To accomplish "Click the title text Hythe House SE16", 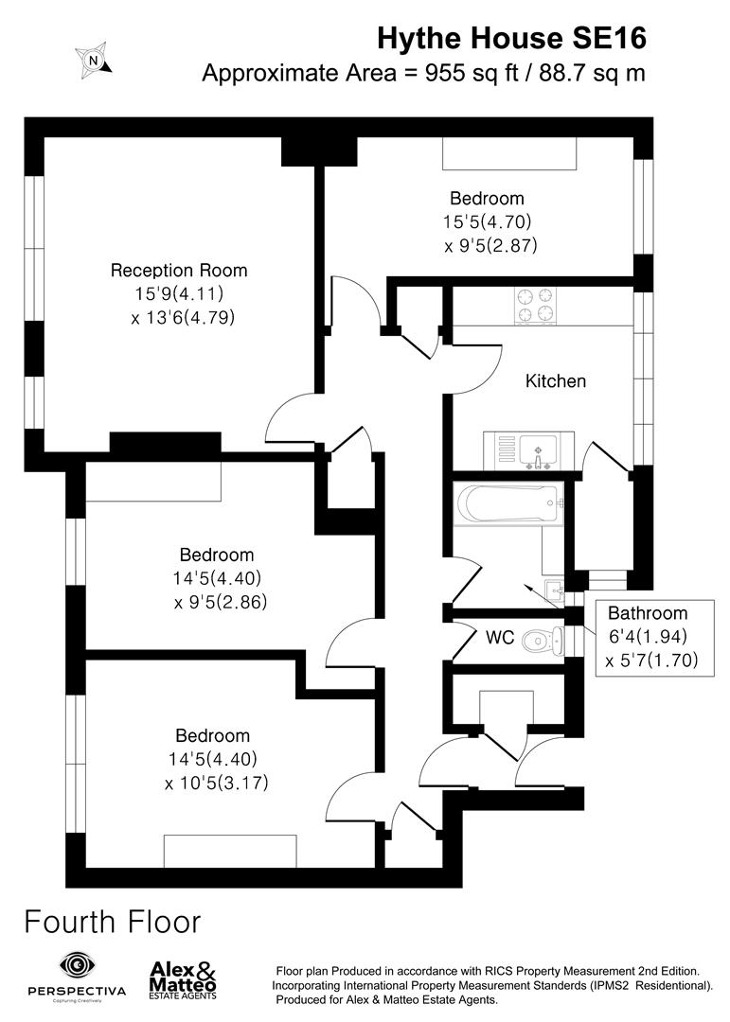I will pos(511,38).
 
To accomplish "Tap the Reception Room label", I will pos(179,271).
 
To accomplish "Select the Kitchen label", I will pos(556,381).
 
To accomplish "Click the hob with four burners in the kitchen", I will pos(534,305).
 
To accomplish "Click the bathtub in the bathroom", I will pos(507,502).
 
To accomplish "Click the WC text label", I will pos(500,639).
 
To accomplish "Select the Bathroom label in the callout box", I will pos(648,612).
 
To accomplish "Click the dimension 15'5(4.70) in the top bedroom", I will pos(488,222).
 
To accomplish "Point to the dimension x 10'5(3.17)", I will pos(212,783).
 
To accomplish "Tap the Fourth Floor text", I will pos(112,921).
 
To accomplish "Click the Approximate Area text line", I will pos(423,74).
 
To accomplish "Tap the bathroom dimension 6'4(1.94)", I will pos(648,636).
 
